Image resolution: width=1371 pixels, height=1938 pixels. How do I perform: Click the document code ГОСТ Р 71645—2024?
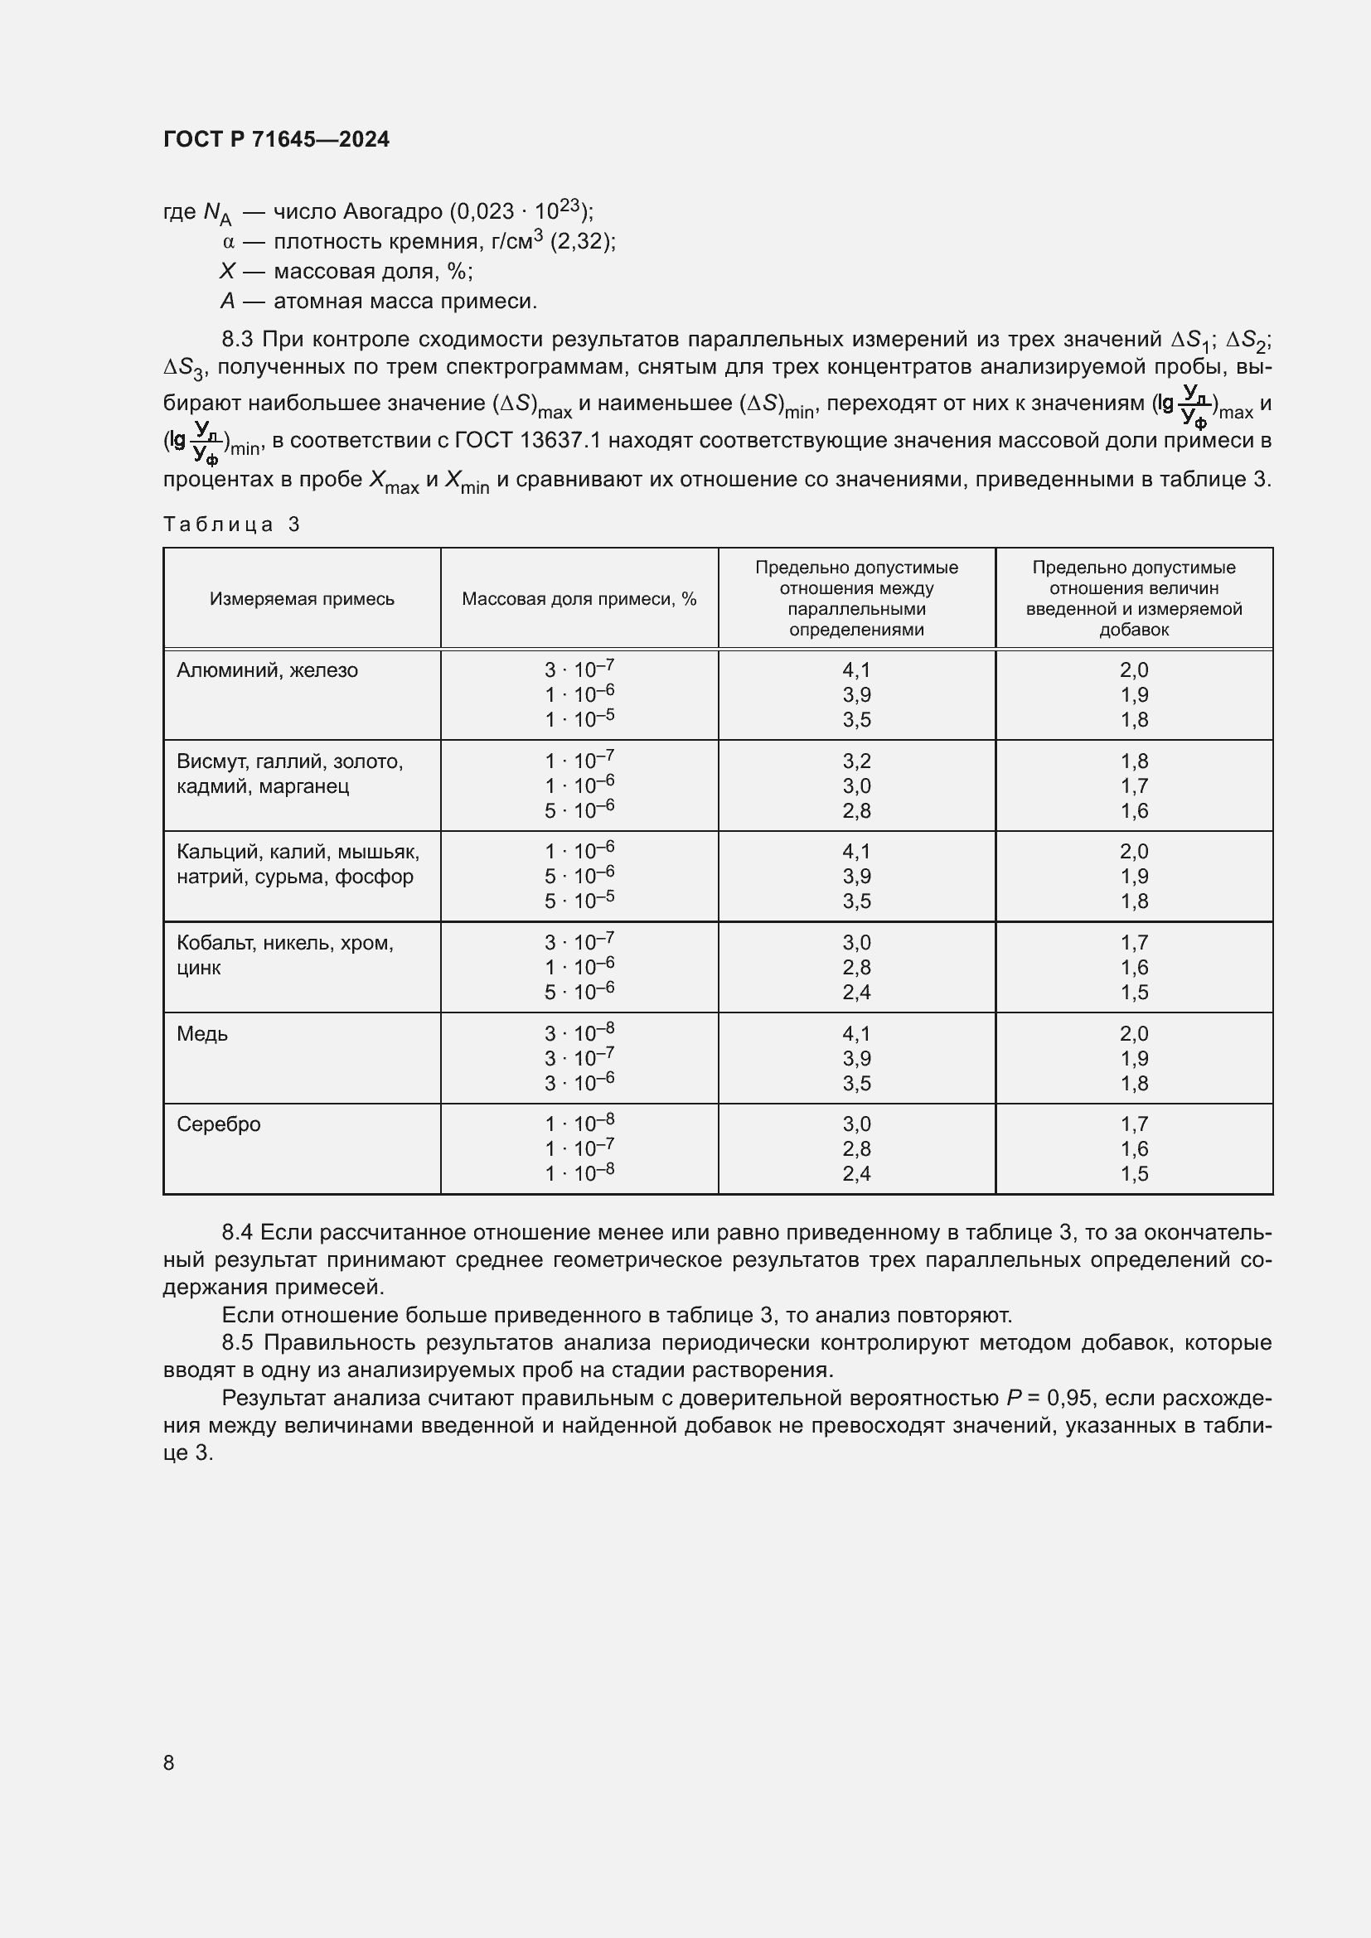[276, 139]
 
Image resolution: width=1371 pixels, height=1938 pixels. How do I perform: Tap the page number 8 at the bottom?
[169, 1762]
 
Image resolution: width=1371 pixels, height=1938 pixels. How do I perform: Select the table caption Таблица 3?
[231, 524]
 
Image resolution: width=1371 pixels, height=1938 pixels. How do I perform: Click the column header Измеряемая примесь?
[302, 598]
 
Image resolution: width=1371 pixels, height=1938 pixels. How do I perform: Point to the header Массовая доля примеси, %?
[579, 598]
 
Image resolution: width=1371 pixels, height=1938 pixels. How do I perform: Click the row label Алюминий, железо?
[267, 670]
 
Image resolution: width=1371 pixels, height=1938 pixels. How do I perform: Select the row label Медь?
[201, 1034]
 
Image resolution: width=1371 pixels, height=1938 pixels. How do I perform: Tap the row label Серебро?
[219, 1124]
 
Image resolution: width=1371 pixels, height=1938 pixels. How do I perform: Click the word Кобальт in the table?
[212, 943]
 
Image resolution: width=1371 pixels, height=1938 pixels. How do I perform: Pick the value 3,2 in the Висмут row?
[856, 761]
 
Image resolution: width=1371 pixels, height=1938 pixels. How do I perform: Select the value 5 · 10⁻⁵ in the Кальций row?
[579, 901]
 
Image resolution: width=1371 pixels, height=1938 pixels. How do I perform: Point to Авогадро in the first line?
[393, 211]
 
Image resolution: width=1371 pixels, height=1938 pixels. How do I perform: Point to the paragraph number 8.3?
[237, 340]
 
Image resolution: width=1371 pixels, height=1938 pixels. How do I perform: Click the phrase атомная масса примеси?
[405, 302]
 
